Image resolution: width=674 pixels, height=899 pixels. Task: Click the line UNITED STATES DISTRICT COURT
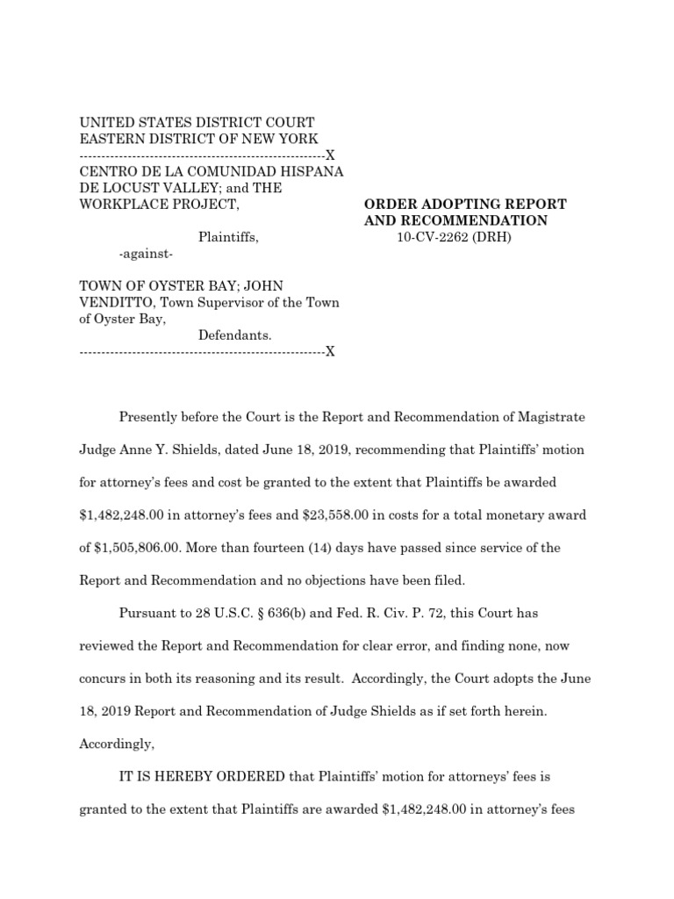coord(197,122)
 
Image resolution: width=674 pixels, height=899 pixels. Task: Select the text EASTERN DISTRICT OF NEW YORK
coord(199,139)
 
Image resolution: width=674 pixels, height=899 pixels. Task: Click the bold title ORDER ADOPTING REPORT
coord(465,204)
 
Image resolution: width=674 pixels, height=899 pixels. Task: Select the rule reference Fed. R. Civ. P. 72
coord(380,613)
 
